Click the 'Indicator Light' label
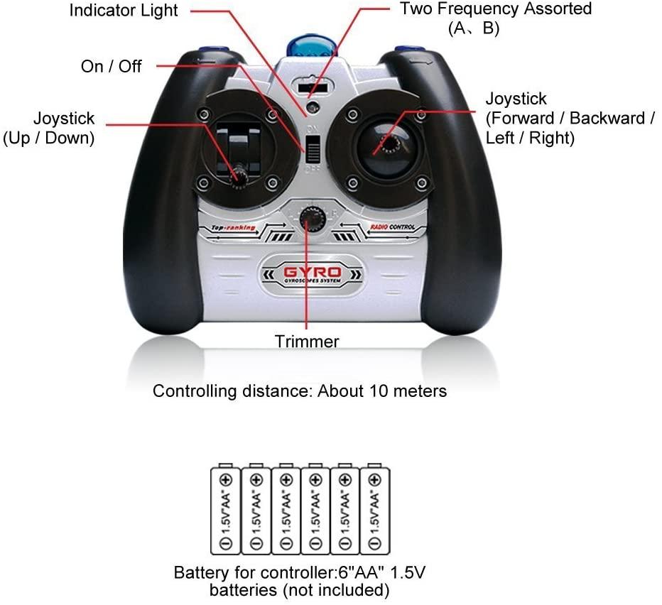coord(124,11)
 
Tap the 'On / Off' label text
coord(112,66)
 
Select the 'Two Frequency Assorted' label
coord(496,9)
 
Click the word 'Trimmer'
coord(307,342)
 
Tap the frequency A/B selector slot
coord(313,88)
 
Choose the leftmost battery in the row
coord(225,511)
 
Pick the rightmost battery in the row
coord(374,511)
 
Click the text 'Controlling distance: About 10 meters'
coord(300,391)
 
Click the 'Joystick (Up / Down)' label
coord(50,128)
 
